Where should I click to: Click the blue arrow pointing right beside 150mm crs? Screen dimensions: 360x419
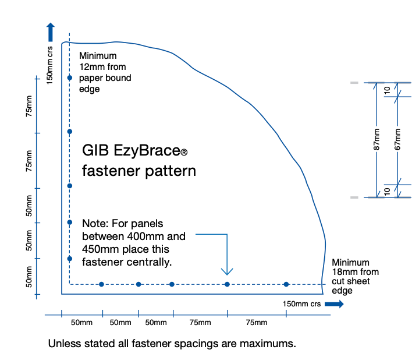pos(334,303)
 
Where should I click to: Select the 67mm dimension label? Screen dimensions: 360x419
pos(398,140)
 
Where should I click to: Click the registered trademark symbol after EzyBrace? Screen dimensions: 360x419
pos(184,153)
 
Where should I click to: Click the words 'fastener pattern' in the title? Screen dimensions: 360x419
pos(139,171)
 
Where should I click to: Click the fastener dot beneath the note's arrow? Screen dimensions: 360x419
pos(227,284)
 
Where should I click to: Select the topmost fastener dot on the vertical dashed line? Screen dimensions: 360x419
pos(69,77)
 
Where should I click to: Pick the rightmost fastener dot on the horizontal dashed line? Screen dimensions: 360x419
pos(286,284)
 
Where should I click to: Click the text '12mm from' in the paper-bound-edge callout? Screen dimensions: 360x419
pos(102,67)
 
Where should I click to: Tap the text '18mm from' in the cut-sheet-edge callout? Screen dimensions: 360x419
pos(355,272)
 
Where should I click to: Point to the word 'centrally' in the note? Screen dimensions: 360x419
pos(152,262)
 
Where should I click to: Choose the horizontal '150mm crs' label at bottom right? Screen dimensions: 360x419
pos(301,304)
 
